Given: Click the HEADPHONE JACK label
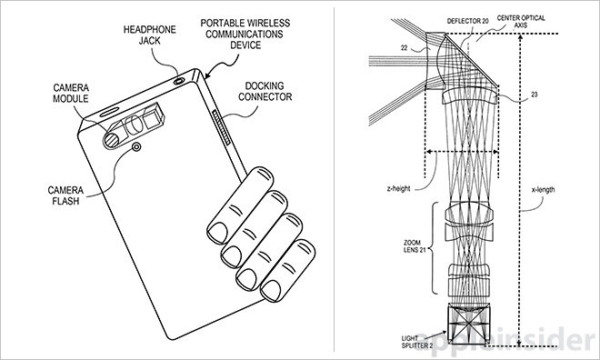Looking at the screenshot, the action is point(150,35).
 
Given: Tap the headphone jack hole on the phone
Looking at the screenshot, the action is point(179,81).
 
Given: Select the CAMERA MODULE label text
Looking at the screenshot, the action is point(71,94).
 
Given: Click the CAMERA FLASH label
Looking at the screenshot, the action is point(65,195).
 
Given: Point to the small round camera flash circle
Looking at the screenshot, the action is point(136,147).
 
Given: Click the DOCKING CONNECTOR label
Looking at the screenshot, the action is point(265,92).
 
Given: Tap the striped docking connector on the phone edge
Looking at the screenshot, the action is point(221,127).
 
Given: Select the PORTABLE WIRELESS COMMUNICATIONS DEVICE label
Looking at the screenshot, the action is point(245,34).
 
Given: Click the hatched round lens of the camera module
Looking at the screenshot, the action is point(113,140).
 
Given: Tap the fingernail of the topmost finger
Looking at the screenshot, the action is point(217,233).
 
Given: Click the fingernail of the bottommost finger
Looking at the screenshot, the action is point(271,291).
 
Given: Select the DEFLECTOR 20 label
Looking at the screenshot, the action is point(467,22).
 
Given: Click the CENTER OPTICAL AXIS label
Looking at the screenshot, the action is point(521,22).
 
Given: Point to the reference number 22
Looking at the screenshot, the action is point(405,48).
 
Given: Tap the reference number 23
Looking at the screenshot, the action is point(535,95).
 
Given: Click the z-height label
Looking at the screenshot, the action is point(398,188).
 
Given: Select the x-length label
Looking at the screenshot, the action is point(543,190).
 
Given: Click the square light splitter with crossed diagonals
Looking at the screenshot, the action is point(469,324).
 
